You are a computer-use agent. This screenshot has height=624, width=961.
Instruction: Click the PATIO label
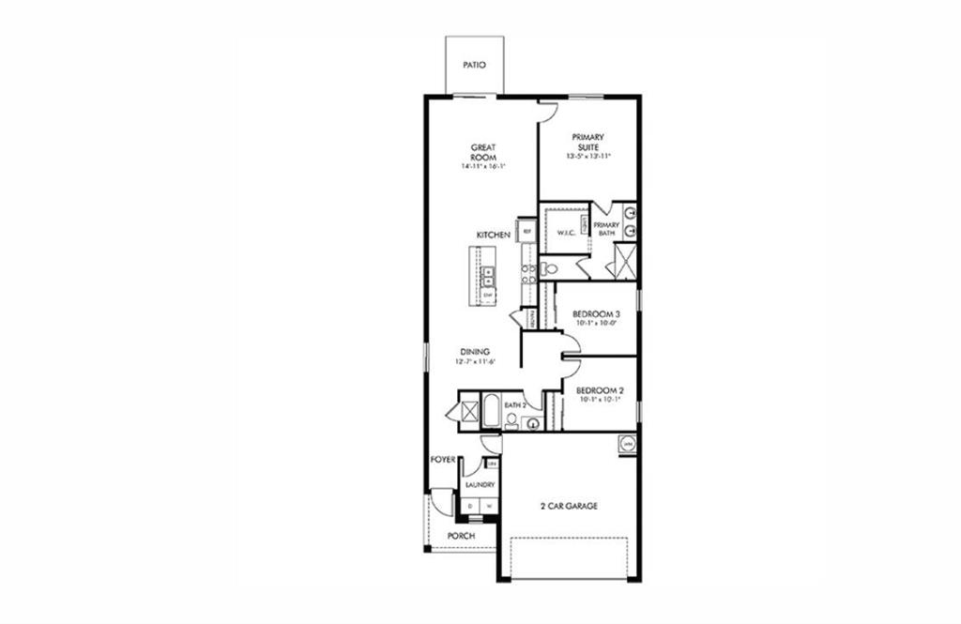click(x=474, y=66)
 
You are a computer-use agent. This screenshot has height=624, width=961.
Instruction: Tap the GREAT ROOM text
click(x=483, y=152)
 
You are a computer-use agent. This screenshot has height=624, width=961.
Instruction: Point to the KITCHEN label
click(x=493, y=235)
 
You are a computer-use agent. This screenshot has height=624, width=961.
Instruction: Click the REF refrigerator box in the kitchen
click(x=527, y=231)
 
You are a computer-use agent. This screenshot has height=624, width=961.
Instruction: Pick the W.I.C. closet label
click(x=566, y=233)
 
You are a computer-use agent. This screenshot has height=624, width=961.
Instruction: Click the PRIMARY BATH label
click(x=605, y=229)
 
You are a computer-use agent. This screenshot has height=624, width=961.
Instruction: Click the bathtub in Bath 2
click(x=493, y=412)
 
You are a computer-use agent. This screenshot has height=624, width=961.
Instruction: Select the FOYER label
click(x=443, y=460)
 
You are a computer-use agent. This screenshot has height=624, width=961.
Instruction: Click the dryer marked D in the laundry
click(x=470, y=507)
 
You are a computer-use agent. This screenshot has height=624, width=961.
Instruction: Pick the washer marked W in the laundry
click(x=487, y=507)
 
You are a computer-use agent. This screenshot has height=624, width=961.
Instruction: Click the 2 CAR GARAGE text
click(x=568, y=506)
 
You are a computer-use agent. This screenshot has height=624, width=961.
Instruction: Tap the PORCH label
click(x=460, y=536)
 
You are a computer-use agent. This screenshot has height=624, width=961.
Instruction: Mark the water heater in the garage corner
click(x=627, y=443)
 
